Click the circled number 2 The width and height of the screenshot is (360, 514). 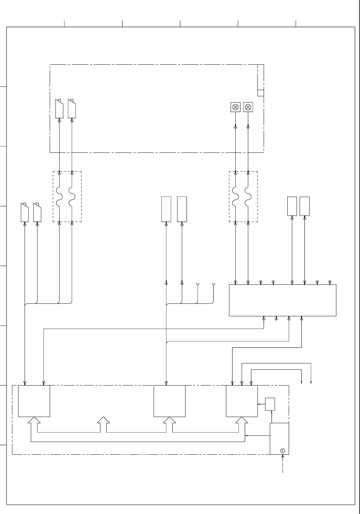pos(283,450)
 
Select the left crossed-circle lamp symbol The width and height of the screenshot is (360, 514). pos(236,107)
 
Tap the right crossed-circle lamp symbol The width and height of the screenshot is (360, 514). pos(248,107)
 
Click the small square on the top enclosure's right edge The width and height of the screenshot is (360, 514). pos(261,93)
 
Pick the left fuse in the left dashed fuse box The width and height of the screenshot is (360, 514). pos(60,196)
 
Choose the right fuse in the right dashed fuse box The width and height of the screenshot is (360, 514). pos(248,196)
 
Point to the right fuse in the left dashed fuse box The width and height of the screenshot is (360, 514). pos(72,196)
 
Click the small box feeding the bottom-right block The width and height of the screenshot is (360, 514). pos(270,404)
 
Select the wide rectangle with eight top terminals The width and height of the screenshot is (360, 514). pos(283,300)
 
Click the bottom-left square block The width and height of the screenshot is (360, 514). pos(34,401)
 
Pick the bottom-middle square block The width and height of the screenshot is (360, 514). pos(170,401)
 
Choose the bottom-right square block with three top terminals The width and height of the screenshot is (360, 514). pos(242,401)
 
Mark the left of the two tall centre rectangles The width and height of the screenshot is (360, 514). pos(166,209)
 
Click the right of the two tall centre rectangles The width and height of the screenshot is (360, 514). pos(182,209)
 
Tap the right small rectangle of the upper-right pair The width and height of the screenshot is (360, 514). pos(304,206)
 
